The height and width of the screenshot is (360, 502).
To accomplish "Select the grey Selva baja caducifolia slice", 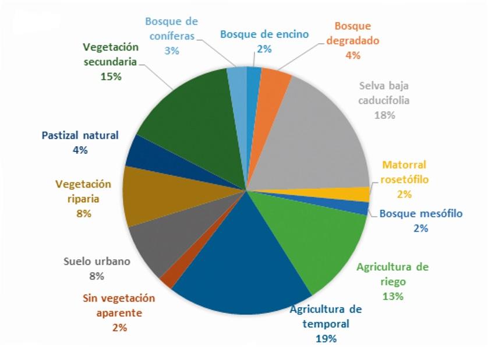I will [314, 140].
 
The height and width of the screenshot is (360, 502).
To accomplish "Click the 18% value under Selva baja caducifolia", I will [386, 115].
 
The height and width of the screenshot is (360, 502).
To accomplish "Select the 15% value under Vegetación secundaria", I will [110, 76].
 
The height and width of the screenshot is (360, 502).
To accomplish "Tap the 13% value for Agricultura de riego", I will [393, 296].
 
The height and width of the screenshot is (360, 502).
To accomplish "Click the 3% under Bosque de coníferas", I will [171, 51].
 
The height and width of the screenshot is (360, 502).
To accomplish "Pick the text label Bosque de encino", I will [264, 34].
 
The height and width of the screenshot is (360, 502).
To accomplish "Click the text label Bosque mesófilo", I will [420, 214].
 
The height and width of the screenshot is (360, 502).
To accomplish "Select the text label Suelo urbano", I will [97, 261].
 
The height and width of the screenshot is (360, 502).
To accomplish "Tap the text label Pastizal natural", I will [80, 135].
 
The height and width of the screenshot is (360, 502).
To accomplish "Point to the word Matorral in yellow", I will [404, 165].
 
